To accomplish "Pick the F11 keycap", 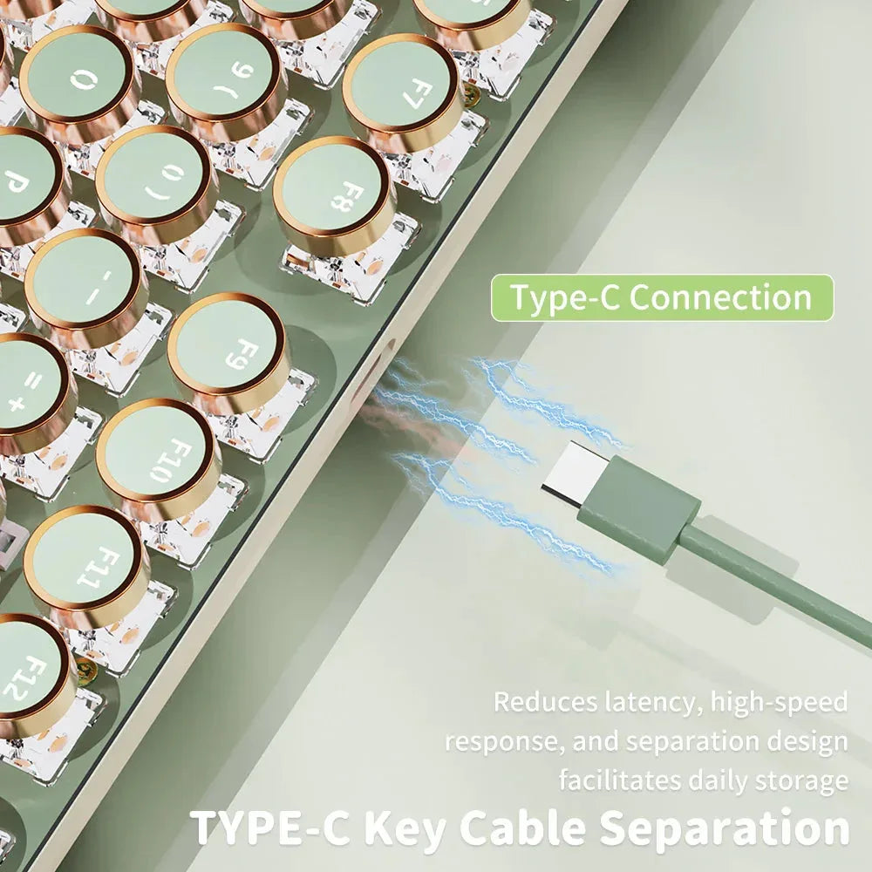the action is point(85,564).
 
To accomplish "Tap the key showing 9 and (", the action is point(225,82).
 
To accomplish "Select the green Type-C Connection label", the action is point(663,297).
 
